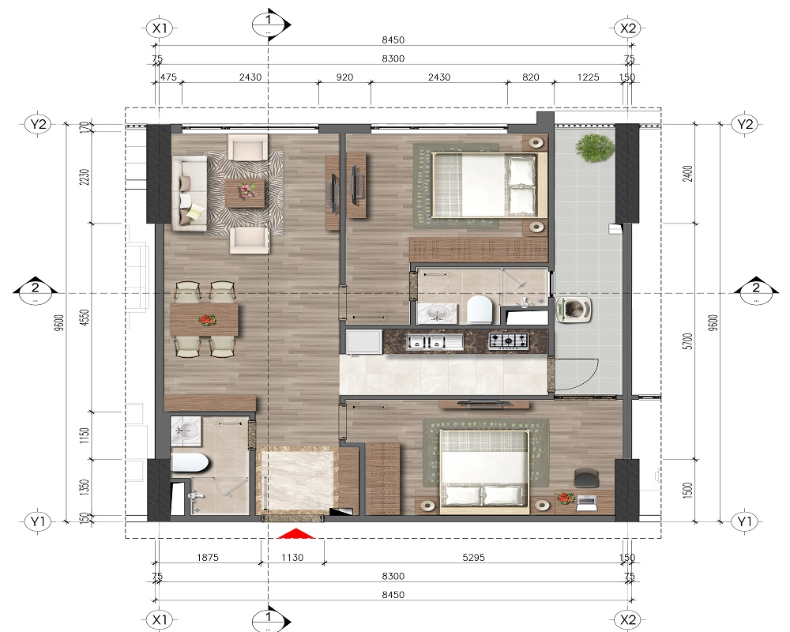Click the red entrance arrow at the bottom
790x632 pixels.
[296, 534]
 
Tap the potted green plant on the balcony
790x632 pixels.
[595, 148]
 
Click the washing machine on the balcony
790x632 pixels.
[574, 310]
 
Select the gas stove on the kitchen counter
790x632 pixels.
[508, 340]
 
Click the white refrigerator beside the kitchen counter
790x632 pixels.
[364, 342]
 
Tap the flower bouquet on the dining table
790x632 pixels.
[206, 319]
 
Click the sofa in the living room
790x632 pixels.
[189, 193]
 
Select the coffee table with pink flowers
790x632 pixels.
[246, 193]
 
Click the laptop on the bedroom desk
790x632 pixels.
[586, 502]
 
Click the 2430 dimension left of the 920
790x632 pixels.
[250, 77]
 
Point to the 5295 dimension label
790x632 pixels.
[473, 558]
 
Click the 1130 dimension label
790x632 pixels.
[292, 558]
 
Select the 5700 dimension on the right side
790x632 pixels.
[688, 340]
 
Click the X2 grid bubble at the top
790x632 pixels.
[628, 28]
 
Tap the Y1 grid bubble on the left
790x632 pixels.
[38, 521]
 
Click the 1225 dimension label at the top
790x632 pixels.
[588, 77]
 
